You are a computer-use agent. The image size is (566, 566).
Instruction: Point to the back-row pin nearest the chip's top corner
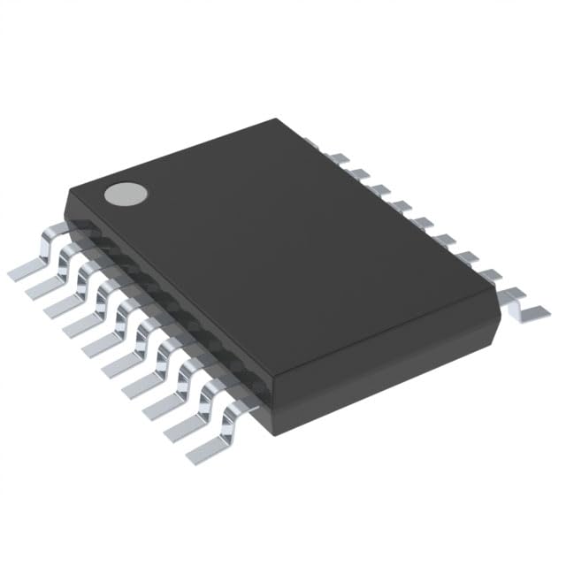311,141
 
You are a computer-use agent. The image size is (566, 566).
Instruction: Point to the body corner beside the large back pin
501,313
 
